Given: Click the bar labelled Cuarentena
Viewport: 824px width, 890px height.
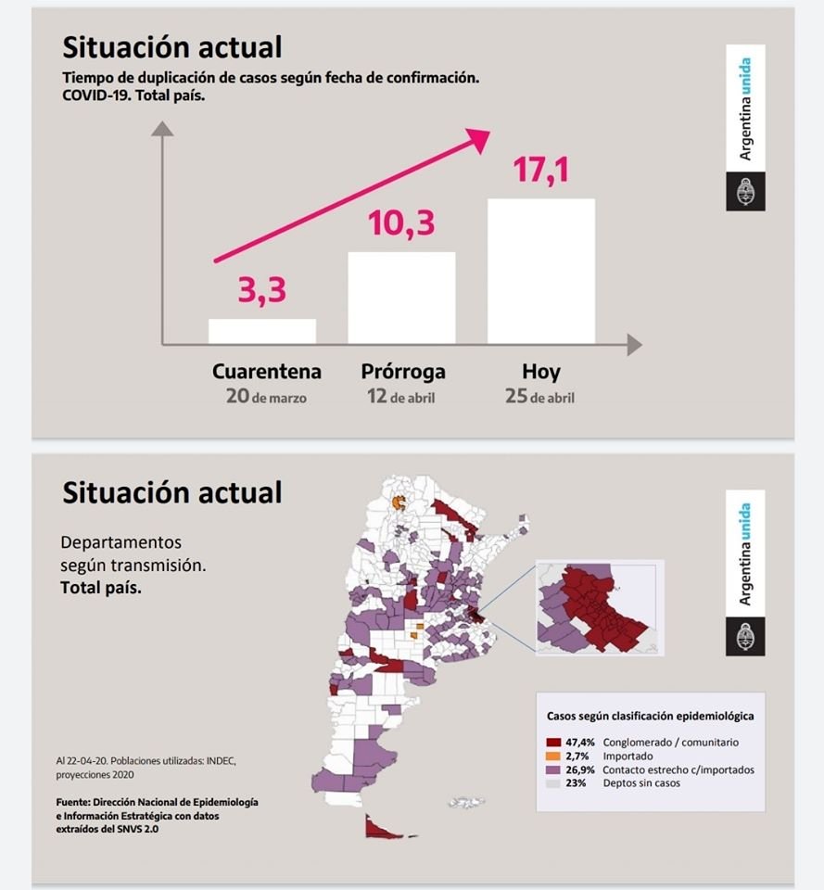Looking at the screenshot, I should [262, 332].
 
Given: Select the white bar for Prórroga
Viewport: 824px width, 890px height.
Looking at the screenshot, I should [401, 298].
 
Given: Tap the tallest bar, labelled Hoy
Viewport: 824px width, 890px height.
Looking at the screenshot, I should [541, 271].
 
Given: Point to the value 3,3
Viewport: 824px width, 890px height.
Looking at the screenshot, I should [261, 290].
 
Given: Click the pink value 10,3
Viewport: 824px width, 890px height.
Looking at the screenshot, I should [400, 223].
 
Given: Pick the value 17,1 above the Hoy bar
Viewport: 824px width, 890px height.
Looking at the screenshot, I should [540, 171].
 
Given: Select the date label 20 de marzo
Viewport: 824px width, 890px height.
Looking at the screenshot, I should [266, 397].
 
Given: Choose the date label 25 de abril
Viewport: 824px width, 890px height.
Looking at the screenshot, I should [540, 397].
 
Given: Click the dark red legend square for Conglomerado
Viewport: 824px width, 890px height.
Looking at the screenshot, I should [554, 743].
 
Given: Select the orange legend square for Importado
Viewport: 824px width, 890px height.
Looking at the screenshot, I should [554, 756].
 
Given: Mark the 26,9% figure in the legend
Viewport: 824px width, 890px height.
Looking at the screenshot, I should [580, 769].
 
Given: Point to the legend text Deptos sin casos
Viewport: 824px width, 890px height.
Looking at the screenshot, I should [640, 783].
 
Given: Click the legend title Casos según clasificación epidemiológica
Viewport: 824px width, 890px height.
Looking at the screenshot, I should [650, 717].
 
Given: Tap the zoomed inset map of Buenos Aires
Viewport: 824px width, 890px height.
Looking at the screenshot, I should [599, 606].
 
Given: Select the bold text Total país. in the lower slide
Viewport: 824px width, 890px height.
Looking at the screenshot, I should [101, 588].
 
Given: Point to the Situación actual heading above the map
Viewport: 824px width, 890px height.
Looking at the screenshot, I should [171, 491].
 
